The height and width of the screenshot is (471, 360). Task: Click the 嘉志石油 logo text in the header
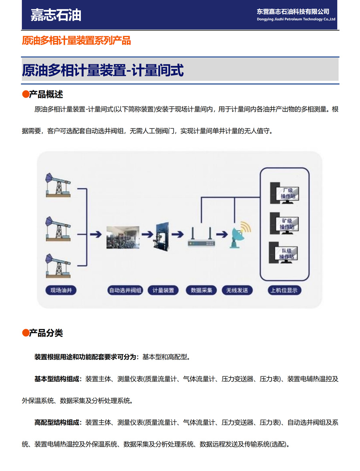[56, 15]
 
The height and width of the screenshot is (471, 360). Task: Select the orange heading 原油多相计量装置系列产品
[76, 40]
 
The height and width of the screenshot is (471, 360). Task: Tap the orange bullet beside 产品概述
[26, 94]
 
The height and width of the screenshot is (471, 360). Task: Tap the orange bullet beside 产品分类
[26, 333]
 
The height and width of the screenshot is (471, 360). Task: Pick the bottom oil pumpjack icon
[58, 265]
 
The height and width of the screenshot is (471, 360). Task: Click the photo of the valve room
[123, 237]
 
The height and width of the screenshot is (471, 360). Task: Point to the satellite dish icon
[240, 235]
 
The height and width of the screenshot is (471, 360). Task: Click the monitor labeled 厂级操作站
[284, 193]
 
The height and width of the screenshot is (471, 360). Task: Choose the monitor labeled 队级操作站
[284, 253]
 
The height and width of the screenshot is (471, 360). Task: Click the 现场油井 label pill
[61, 290]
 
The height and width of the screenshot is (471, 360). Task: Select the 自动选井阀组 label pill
[125, 290]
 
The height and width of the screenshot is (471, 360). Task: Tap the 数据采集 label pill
[201, 290]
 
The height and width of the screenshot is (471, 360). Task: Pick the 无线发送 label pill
[237, 290]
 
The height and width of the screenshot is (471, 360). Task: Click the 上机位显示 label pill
[284, 290]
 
